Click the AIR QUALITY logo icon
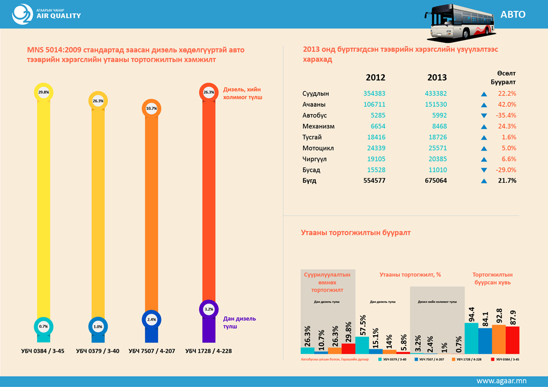click(x=22, y=14)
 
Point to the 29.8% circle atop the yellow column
click(x=44, y=92)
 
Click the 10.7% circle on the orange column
click(x=151, y=108)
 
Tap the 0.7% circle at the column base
click(x=44, y=326)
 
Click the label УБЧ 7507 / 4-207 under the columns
click(x=151, y=351)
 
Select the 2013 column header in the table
click(x=437, y=78)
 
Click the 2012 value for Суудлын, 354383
click(x=374, y=94)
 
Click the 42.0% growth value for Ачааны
click(x=507, y=104)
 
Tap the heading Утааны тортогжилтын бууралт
click(x=356, y=233)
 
